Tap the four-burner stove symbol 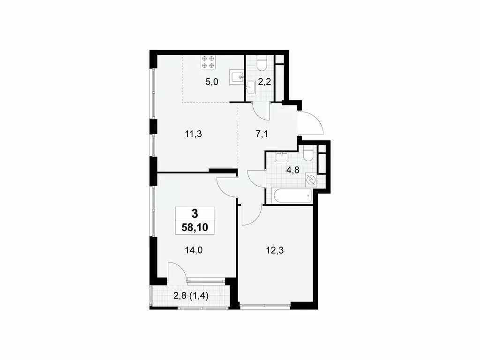click(x=208, y=62)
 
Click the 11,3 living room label click(x=194, y=134)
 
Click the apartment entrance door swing click(x=310, y=122)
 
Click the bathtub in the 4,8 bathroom click(x=288, y=195)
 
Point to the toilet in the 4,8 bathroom click(x=307, y=154)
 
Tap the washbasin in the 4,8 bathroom click(x=281, y=157)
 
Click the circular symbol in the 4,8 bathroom click(x=310, y=180)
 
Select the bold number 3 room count click(x=195, y=213)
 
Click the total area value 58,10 click(x=195, y=228)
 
